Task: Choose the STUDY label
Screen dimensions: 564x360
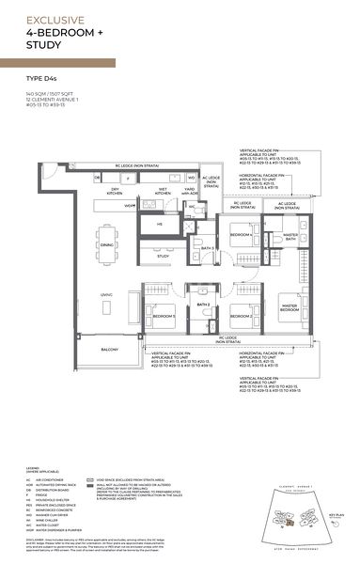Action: click(x=162, y=255)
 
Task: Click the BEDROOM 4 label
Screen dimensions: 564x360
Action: click(x=240, y=234)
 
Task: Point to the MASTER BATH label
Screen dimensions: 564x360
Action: click(x=291, y=237)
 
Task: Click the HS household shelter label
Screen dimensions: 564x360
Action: click(x=160, y=225)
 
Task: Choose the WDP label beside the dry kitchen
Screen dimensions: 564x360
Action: click(x=132, y=204)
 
